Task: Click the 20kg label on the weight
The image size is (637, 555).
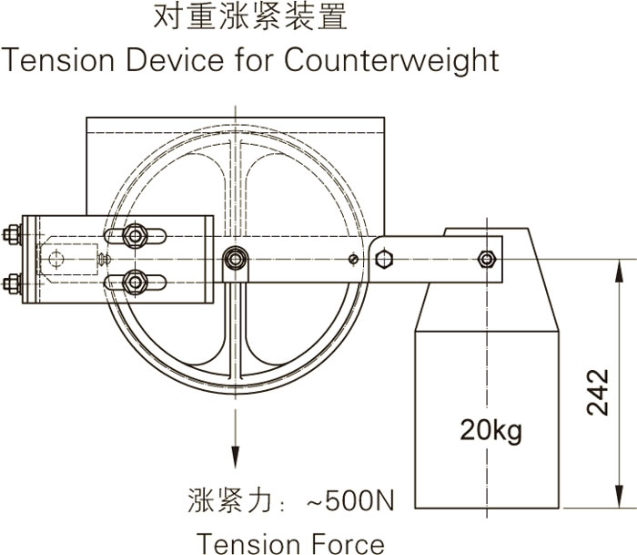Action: pyautogui.click(x=490, y=428)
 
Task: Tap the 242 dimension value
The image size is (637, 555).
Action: pyautogui.click(x=597, y=392)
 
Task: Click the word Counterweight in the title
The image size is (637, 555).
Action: pyautogui.click(x=391, y=60)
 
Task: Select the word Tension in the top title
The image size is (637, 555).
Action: pyautogui.click(x=57, y=60)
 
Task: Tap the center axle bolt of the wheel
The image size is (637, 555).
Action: pyautogui.click(x=236, y=260)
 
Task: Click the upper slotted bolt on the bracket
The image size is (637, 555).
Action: pyautogui.click(x=136, y=237)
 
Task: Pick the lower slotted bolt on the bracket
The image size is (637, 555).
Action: pyautogui.click(x=136, y=281)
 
